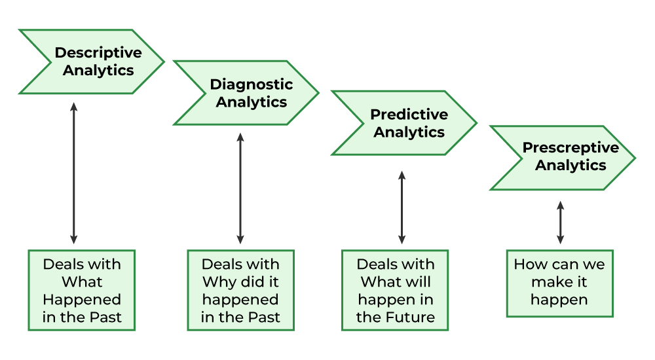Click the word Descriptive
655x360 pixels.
click(98, 52)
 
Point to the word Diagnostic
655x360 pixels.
click(252, 84)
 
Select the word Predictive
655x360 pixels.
click(409, 115)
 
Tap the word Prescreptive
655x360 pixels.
click(571, 148)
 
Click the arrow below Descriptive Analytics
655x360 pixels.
click(73, 173)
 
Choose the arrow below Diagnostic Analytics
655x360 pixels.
click(240, 189)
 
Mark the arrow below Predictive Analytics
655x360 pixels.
click(402, 207)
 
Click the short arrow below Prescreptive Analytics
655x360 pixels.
click(560, 223)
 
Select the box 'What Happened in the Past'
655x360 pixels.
click(82, 290)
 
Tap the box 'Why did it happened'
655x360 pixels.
click(240, 290)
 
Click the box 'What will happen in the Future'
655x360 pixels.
click(395, 290)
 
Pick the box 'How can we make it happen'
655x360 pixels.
click(559, 283)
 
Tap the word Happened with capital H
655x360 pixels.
click(82, 300)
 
